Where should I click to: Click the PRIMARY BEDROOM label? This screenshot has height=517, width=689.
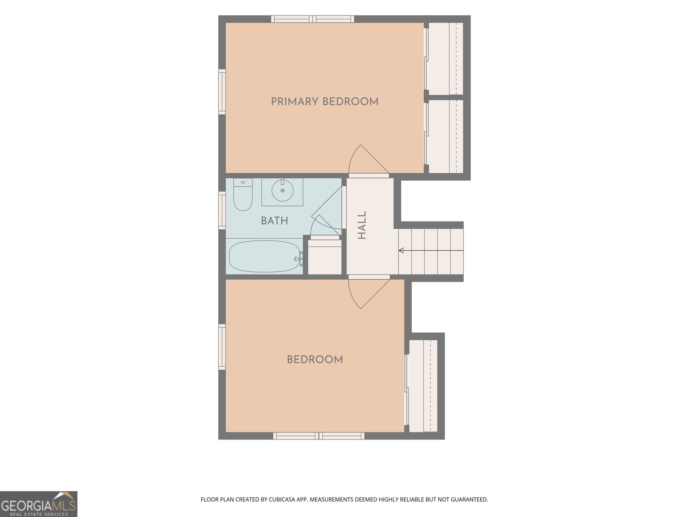point(325,102)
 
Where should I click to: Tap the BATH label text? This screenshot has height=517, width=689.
point(274,221)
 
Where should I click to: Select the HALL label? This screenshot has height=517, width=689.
point(362,225)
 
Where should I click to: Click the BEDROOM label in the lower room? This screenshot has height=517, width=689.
point(315,359)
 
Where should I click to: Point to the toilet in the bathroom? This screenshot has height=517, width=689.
point(242,195)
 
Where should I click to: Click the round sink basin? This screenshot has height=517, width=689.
point(282,190)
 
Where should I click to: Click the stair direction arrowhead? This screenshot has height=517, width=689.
point(401,250)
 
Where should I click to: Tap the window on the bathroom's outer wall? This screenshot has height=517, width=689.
point(222,210)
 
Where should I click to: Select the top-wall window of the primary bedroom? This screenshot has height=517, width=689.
point(313,19)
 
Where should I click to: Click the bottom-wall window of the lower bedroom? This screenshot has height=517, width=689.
point(319,436)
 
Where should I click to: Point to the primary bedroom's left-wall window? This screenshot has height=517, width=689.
point(222,92)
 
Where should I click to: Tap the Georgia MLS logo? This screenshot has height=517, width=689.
point(39,504)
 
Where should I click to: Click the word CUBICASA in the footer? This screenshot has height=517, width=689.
point(282,499)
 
